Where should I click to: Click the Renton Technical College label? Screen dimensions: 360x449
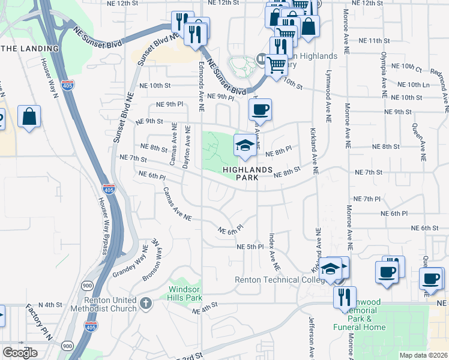click(x=275, y=280)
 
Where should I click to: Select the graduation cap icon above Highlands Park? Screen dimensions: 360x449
click(x=245, y=146)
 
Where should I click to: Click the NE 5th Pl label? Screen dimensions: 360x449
click(x=250, y=247)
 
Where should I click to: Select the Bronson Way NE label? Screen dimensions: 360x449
click(x=153, y=262)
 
